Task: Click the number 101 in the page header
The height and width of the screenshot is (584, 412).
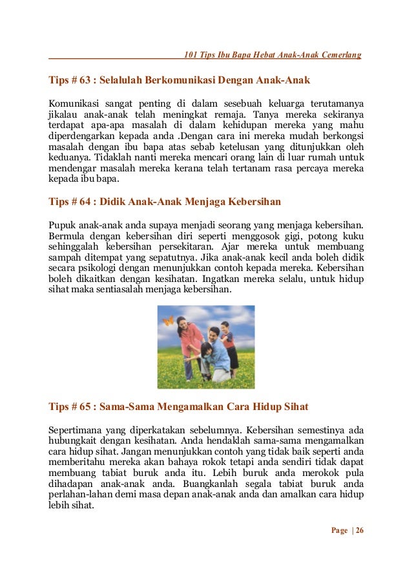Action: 191,54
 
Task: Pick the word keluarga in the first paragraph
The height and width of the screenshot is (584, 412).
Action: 280,103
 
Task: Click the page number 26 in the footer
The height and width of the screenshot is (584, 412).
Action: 359,531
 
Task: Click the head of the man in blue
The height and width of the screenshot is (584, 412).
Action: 214,332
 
